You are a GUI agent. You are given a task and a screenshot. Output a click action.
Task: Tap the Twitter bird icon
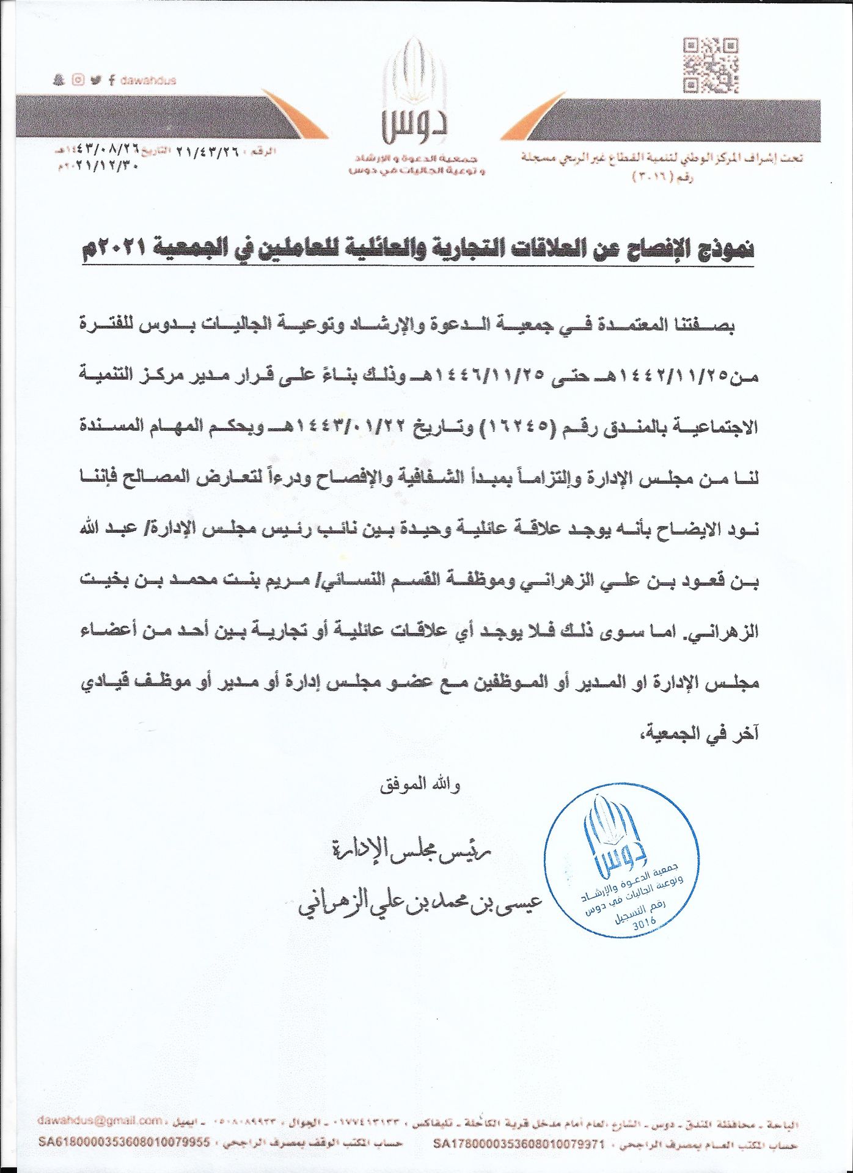[95, 80]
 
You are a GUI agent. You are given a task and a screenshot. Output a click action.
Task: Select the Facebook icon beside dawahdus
[112, 80]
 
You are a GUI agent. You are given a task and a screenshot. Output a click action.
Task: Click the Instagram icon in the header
[78, 80]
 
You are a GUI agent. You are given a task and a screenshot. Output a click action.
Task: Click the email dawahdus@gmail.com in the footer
[99, 1120]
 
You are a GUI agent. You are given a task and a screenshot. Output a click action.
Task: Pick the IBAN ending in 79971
[518, 1142]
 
